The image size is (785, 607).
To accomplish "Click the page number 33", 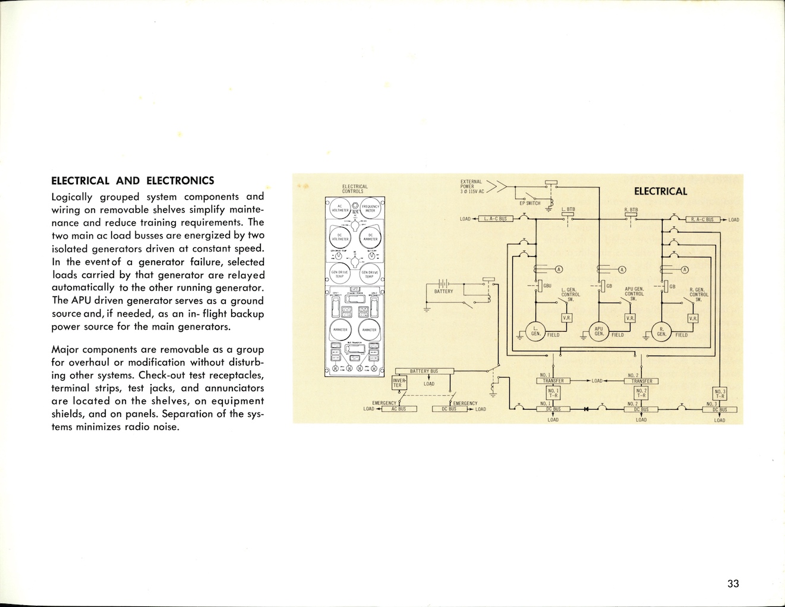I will pos(733,583).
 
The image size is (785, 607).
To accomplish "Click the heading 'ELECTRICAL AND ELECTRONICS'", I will pos(133,181).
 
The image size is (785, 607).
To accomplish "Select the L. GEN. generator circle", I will pos(535,331).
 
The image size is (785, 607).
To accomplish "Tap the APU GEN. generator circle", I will pos(599,331).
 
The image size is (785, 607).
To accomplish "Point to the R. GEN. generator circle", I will pos(661,331).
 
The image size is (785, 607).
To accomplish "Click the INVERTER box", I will pos(399,382).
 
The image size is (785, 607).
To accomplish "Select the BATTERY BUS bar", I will pos(424,371).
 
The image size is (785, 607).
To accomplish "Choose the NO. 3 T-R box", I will pos(720,394).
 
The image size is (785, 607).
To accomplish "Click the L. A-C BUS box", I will pos(495,219).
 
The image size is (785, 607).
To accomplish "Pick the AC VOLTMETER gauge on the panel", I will pos(340,208).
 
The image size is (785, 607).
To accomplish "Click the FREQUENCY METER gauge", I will pos(370,208).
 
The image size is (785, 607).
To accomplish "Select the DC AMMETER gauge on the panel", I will pos(370,237).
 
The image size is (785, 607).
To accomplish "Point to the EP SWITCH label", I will pos(529,203).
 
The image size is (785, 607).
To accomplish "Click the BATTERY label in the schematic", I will pos(443,291).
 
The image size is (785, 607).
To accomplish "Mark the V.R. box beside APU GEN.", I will pos(630,319).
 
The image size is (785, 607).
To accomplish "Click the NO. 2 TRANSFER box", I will pos(642,381).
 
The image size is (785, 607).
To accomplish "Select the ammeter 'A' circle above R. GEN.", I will pos(684,270).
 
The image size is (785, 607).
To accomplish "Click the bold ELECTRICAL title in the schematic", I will pos(660,191).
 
